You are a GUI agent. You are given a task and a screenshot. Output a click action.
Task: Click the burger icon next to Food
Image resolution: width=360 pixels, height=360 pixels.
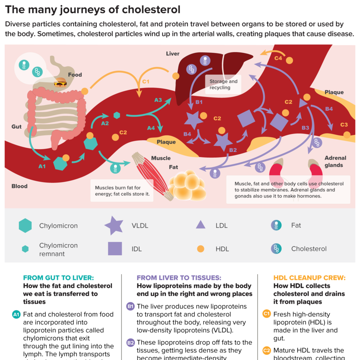(x=60, y=83)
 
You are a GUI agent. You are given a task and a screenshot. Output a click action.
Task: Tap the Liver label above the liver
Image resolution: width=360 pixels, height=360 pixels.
(x=173, y=54)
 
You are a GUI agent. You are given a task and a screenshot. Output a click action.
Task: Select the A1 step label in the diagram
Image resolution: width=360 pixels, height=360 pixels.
(x=42, y=166)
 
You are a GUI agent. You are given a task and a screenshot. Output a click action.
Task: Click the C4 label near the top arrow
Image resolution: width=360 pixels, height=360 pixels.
(x=278, y=58)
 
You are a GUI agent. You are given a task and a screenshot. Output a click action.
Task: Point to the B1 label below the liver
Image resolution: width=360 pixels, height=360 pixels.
(x=199, y=102)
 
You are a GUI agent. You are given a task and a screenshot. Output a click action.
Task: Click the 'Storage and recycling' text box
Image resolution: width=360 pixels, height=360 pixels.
(x=223, y=84)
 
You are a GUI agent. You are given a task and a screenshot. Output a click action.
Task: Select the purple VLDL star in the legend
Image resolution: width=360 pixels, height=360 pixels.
(x=114, y=226)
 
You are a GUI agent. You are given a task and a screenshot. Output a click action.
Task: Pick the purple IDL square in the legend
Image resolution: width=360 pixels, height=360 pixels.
(x=115, y=249)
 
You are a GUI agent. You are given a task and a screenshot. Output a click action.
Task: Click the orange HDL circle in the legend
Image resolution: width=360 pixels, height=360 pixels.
(x=200, y=249)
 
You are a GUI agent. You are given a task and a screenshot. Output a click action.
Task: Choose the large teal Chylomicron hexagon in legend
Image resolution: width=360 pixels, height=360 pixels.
(x=25, y=226)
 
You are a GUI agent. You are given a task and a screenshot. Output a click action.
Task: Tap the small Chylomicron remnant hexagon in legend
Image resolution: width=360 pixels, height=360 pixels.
(x=25, y=249)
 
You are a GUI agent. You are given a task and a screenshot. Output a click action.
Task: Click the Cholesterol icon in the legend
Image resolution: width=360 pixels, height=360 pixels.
(x=277, y=249)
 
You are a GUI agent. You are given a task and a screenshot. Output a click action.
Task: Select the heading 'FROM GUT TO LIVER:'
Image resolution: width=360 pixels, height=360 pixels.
(x=58, y=278)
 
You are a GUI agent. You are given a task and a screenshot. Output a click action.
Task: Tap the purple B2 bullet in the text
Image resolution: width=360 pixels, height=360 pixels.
(x=130, y=342)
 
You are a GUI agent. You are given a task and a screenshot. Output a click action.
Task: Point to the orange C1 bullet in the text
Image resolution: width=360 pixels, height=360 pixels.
(x=267, y=314)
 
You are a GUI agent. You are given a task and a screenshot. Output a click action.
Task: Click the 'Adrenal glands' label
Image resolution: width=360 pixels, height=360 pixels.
(x=335, y=161)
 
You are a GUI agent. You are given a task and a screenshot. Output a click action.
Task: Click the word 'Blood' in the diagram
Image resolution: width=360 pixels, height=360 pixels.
(x=19, y=186)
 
